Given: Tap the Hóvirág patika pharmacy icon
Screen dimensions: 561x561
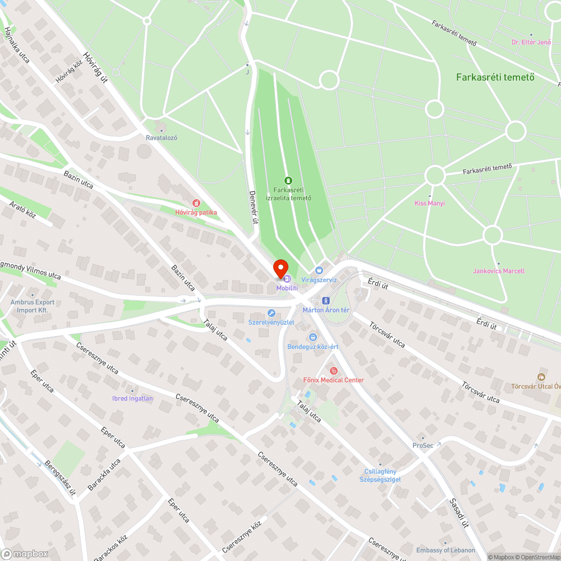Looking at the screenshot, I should [196, 203].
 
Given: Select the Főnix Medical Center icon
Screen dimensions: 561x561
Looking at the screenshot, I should [333, 370].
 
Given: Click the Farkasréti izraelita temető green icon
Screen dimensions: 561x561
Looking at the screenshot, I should [288, 180].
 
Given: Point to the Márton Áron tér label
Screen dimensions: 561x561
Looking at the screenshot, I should [326, 310].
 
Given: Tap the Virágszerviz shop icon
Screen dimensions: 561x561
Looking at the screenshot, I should [319, 270].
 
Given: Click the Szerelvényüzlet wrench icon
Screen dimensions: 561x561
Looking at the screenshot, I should [272, 313].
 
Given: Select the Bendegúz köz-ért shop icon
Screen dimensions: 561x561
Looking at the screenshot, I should [312, 337].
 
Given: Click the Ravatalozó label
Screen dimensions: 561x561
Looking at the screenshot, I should [162, 137].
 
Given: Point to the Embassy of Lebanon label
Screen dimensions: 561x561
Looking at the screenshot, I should [445, 550].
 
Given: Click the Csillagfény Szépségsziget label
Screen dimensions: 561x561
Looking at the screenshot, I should [380, 475].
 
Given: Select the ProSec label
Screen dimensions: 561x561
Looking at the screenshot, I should [422, 445].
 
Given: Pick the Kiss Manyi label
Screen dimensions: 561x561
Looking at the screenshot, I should [429, 203].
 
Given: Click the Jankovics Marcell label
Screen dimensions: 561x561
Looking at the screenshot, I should [499, 271].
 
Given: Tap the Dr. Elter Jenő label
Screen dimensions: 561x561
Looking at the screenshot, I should [531, 42].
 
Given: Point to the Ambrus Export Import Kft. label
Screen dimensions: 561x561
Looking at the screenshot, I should [32, 306].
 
